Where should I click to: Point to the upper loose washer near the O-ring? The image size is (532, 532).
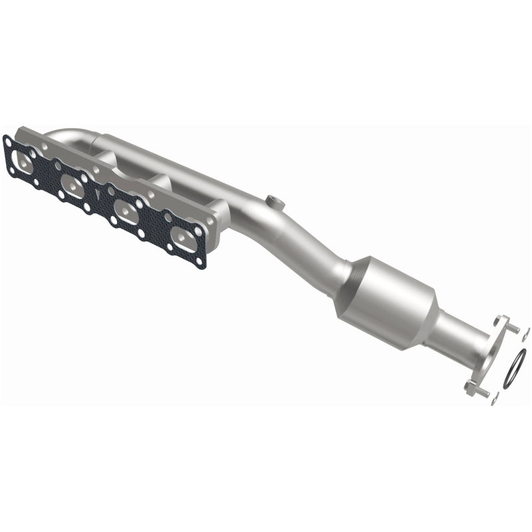pos(526,334)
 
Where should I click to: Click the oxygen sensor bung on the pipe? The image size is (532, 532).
pos(271,200)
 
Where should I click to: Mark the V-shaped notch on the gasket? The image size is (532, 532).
pos(98,195)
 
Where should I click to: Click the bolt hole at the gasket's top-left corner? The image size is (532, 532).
pos(8,141)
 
